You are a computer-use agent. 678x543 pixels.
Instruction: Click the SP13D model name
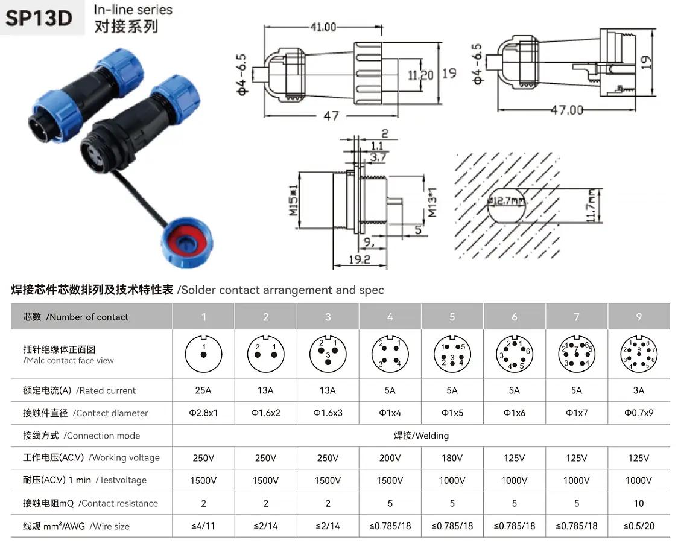pyautogui.click(x=39, y=17)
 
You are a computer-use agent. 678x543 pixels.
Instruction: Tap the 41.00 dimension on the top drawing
pyautogui.click(x=323, y=27)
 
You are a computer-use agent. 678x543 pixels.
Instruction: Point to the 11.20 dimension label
pyautogui.click(x=420, y=75)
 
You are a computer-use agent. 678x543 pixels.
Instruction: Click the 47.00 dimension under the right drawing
pyautogui.click(x=567, y=110)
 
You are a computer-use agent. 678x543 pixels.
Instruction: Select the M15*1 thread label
pyautogui.click(x=294, y=200)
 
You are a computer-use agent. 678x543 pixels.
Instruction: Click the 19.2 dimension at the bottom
pyautogui.click(x=360, y=259)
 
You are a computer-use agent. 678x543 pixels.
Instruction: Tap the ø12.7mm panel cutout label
pyautogui.click(x=506, y=200)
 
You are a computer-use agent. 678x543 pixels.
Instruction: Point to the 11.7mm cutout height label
pyautogui.click(x=592, y=206)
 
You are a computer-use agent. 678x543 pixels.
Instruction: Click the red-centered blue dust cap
pyautogui.click(x=187, y=242)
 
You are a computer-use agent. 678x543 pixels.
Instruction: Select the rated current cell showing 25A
pyautogui.click(x=203, y=390)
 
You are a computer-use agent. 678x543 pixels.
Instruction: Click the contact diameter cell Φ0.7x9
pyautogui.click(x=639, y=413)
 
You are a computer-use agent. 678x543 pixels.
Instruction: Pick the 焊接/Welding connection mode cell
pyautogui.click(x=421, y=436)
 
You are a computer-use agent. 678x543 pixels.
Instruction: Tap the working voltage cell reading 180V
pyautogui.click(x=452, y=458)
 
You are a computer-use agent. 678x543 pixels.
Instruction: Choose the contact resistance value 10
pyautogui.click(x=639, y=503)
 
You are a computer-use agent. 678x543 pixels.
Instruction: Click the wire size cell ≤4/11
pyautogui.click(x=203, y=526)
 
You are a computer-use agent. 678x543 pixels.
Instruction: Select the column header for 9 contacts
pyautogui.click(x=639, y=317)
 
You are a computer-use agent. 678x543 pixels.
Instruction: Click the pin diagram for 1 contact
pyautogui.click(x=203, y=355)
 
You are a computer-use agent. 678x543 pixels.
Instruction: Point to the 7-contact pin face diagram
pyautogui.click(x=577, y=355)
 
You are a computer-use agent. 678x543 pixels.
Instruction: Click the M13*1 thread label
pyautogui.click(x=431, y=202)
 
